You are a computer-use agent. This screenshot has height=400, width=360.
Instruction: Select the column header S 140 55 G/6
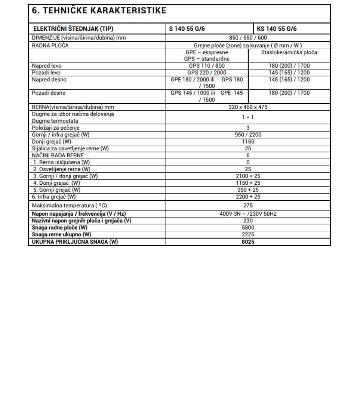pyautogui.click(x=187, y=29)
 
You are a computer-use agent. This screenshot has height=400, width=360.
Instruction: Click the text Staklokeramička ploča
pyautogui.click(x=289, y=52)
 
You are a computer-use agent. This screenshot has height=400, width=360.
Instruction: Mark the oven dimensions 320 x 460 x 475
pyautogui.click(x=248, y=107)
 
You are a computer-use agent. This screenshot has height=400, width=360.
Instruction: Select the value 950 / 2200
pyautogui.click(x=248, y=135)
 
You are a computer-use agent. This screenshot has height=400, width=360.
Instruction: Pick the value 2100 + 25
pyautogui.click(x=248, y=176)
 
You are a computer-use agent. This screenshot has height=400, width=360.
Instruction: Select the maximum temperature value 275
pyautogui.click(x=248, y=205)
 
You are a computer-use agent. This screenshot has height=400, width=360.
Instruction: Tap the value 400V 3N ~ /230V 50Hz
pyautogui.click(x=248, y=214)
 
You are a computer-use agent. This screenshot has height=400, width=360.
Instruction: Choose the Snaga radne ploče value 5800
pyautogui.click(x=248, y=228)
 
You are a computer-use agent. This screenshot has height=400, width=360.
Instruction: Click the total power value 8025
pyautogui.click(x=248, y=242)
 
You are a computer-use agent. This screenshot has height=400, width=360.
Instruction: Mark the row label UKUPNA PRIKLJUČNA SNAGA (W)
pyautogui.click(x=75, y=242)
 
